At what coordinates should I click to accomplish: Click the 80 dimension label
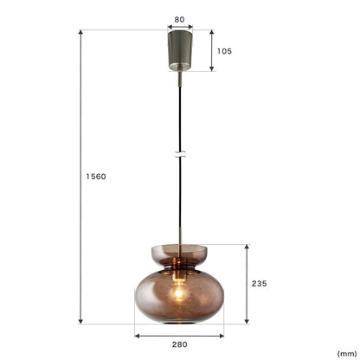179,20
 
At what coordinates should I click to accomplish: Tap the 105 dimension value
224,51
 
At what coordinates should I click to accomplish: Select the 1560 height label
96,177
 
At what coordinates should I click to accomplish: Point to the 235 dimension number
259,284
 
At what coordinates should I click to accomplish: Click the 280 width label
179,344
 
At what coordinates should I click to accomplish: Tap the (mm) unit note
347,354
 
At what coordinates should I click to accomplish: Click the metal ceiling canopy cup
180,50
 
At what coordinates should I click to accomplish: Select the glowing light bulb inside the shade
179,292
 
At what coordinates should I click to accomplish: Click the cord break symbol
180,154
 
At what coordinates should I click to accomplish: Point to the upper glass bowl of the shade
179,254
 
